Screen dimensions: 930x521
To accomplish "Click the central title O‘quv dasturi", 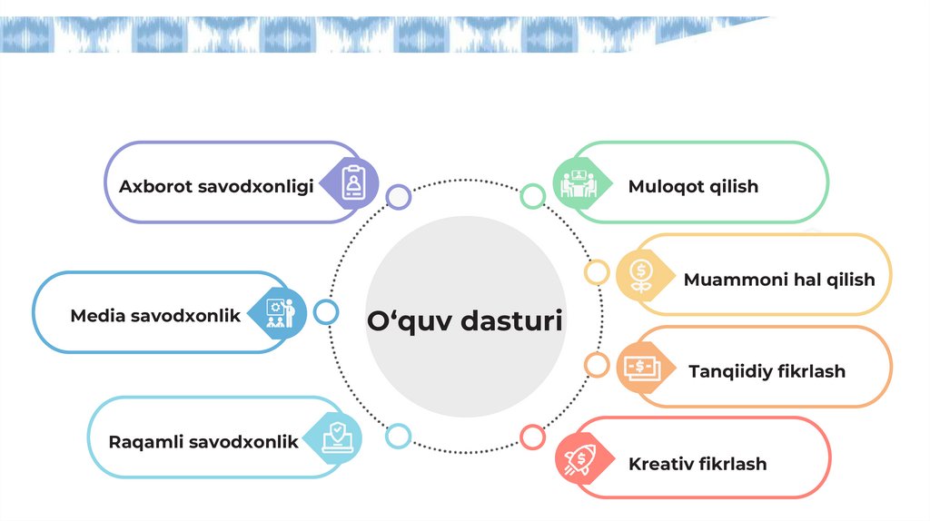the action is click(464, 320).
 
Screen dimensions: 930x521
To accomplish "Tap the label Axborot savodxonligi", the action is click(216, 186).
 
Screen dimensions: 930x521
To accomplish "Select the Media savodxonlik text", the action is click(155, 316).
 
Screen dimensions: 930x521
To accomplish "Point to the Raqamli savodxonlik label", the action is click(203, 442).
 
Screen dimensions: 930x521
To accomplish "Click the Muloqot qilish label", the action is click(693, 186).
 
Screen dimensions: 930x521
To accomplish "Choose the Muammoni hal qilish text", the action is click(779, 279).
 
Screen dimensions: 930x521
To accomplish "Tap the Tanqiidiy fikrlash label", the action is click(767, 371).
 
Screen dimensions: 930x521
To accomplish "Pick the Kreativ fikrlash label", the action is click(697, 464).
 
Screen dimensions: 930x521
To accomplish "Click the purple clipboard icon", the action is click(352, 183).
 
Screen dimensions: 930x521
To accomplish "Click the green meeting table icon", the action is click(576, 183).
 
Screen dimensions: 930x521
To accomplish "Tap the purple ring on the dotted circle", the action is click(398, 197).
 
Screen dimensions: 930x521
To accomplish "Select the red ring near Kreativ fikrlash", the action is click(532, 437).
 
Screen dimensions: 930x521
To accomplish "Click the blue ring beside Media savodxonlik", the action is click(325, 312).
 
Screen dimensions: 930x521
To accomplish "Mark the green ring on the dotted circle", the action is click(532, 195).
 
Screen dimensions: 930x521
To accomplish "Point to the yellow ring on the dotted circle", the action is click(597, 271).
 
